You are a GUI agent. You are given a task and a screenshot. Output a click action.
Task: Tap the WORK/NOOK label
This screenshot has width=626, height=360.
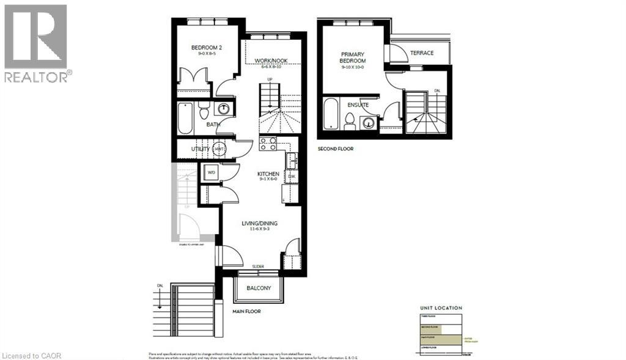click(x=271, y=61)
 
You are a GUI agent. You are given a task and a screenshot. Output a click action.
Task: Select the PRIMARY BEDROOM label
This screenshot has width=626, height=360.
click(x=353, y=57)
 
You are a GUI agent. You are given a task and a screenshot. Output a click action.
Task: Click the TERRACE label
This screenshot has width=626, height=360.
click(x=422, y=53)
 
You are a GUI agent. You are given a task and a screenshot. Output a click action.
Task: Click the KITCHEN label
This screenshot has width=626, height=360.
click(x=268, y=174)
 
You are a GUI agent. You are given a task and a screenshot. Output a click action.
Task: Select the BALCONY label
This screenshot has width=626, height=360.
click(x=259, y=288)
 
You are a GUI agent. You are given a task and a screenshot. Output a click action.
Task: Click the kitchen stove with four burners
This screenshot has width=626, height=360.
click(x=268, y=144)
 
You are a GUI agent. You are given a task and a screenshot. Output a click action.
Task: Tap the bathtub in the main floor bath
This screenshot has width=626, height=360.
click(x=185, y=118)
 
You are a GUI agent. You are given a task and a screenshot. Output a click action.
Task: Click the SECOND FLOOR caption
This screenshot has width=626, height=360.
click(x=335, y=149)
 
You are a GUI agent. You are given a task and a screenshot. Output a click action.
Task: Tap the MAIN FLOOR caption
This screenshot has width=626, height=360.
click(x=246, y=311)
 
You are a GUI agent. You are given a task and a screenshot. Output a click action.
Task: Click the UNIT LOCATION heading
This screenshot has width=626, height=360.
click(x=441, y=308)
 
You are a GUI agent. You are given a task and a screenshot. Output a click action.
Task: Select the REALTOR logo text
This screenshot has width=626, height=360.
click(x=38, y=77)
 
